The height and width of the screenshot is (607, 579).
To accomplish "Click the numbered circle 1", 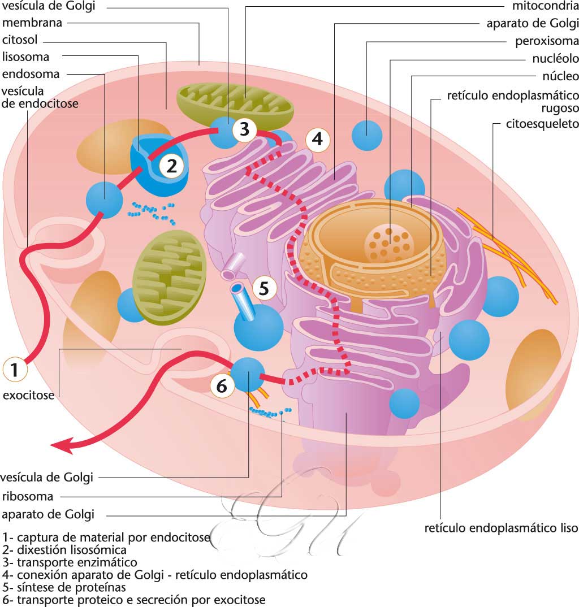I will tap(15, 370).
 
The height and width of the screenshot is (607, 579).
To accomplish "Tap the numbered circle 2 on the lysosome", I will tap(172, 166).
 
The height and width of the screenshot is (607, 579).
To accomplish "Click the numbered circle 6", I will tap(222, 386).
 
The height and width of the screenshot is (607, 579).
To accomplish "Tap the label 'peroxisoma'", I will tap(547, 41).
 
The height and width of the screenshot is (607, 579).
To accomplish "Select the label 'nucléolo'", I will tap(555, 58).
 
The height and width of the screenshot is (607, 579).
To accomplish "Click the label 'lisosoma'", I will tap(25, 57).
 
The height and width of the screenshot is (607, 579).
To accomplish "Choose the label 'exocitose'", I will tap(29, 396).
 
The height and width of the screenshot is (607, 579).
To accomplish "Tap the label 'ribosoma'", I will tap(27, 497).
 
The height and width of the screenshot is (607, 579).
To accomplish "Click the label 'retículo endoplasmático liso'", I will tap(502, 529).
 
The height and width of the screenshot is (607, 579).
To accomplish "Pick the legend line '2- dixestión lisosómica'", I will tap(64, 550).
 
